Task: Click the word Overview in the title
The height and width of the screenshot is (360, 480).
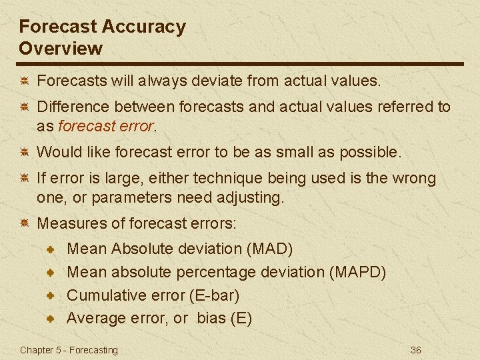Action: [x=61, y=49]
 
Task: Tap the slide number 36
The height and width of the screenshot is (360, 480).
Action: [x=416, y=350]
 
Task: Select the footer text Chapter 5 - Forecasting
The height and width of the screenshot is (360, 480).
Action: [x=69, y=350]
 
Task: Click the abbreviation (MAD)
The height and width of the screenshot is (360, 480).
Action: [x=269, y=249]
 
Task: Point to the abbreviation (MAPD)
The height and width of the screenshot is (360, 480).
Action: [x=357, y=272]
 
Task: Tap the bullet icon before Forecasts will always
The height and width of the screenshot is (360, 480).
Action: [x=23, y=81]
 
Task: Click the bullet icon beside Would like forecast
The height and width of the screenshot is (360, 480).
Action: [x=23, y=152]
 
